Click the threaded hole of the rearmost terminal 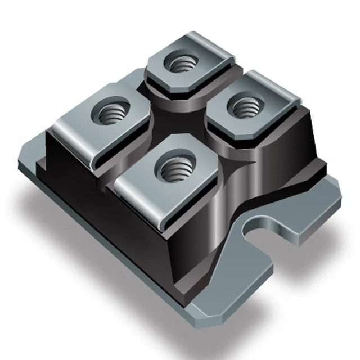pyautogui.click(x=182, y=64)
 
